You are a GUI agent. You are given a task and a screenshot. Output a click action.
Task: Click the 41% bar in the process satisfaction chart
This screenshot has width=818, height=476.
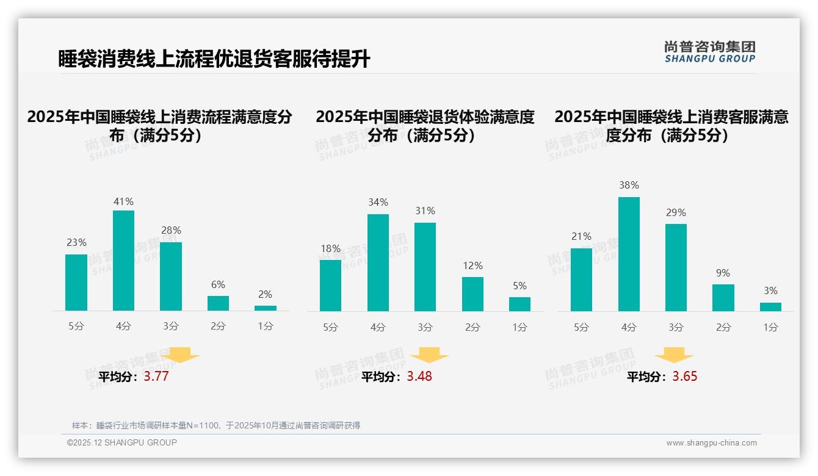point(124,261)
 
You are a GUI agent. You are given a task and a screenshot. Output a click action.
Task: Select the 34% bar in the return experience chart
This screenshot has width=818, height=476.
point(378,262)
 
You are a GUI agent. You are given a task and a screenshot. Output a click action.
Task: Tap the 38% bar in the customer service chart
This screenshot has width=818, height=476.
point(629,254)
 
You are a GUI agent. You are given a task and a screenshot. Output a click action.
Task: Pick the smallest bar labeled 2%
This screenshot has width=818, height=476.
point(266,308)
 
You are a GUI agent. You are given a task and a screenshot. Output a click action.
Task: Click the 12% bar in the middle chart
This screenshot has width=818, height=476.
point(472,294)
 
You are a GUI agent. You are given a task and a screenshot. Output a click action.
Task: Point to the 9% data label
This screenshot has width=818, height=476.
point(723,273)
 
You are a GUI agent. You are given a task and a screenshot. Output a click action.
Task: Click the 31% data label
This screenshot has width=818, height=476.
point(425,211)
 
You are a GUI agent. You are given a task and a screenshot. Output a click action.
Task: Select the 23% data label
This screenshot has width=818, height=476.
point(76,243)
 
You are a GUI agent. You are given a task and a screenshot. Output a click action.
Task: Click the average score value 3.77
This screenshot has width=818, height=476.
point(156,377)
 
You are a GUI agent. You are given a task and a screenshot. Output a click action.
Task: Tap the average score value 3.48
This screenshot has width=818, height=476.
point(419,377)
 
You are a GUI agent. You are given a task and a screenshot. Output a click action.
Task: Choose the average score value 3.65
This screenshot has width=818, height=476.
point(684,377)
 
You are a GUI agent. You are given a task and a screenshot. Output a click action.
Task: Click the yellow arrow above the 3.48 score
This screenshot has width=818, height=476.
point(429,355)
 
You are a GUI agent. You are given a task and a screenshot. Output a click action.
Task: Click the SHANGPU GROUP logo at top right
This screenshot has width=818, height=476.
point(709,52)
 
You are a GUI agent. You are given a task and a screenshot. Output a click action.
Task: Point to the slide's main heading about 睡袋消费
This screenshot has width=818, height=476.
point(214,59)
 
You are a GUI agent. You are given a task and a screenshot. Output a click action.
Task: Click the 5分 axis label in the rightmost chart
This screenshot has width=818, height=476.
point(581,328)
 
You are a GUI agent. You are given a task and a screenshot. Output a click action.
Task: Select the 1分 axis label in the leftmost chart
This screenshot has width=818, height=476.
point(266,326)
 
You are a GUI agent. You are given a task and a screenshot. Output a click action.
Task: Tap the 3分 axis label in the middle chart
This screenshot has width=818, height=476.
point(425,328)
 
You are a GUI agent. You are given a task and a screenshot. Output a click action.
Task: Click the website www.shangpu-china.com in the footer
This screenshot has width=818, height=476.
point(711,443)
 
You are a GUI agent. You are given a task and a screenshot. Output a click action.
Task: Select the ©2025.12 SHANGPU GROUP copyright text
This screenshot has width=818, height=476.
point(122,442)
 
